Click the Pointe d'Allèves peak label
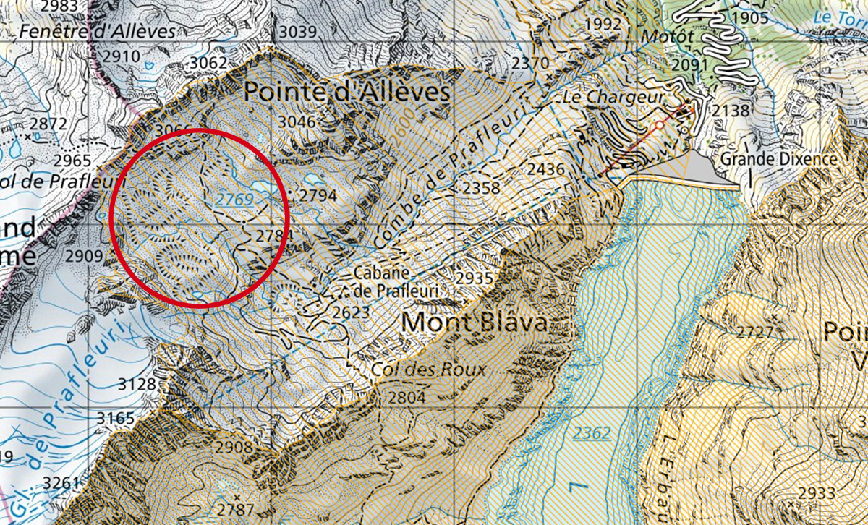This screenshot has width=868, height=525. (x=346, y=92)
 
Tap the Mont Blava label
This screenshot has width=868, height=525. (x=475, y=322)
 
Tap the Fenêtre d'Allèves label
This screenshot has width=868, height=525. (x=98, y=32)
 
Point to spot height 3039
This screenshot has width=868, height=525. (x=298, y=31)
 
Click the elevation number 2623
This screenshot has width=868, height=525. (x=352, y=312)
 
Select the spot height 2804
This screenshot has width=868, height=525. (x=407, y=397)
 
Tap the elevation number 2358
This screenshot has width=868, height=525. (x=482, y=188)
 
